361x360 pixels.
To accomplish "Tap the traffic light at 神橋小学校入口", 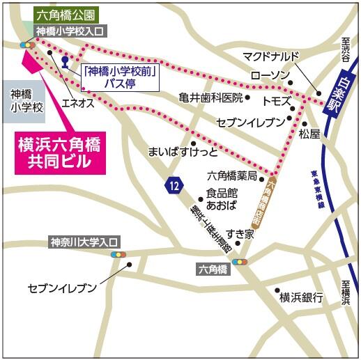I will [29, 45].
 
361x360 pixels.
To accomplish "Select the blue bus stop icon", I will [65, 61].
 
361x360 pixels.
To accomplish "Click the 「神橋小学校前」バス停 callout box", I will [119, 77].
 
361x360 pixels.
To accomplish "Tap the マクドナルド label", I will [270, 56].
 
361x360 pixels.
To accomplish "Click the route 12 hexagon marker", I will [174, 185].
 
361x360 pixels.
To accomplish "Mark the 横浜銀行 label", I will [302, 298].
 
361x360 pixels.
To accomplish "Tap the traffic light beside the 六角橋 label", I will [240, 262].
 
